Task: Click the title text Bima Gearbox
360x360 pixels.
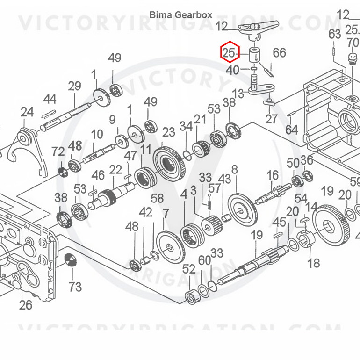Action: click(x=181, y=15)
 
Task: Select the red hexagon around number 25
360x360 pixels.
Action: click(x=230, y=52)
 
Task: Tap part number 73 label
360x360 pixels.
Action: click(x=75, y=287)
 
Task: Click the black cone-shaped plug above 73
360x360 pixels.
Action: click(x=71, y=260)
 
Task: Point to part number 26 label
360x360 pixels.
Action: click(x=26, y=305)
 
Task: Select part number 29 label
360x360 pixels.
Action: click(x=75, y=86)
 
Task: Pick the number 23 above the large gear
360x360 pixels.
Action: click(x=169, y=132)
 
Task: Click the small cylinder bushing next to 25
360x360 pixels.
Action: click(x=255, y=55)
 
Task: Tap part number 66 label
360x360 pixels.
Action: click(x=280, y=53)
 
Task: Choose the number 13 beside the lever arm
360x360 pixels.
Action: click(x=238, y=94)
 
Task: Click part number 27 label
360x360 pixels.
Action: click(x=272, y=119)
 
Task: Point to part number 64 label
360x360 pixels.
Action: click(x=292, y=130)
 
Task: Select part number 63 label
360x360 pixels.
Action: click(x=334, y=35)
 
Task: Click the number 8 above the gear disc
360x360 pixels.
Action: click(x=234, y=170)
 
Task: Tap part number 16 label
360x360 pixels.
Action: click(x=273, y=176)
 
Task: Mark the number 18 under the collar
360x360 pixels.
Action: click(x=313, y=263)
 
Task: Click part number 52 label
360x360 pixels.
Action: click(x=189, y=269)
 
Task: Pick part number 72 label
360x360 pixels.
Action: click(x=58, y=151)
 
